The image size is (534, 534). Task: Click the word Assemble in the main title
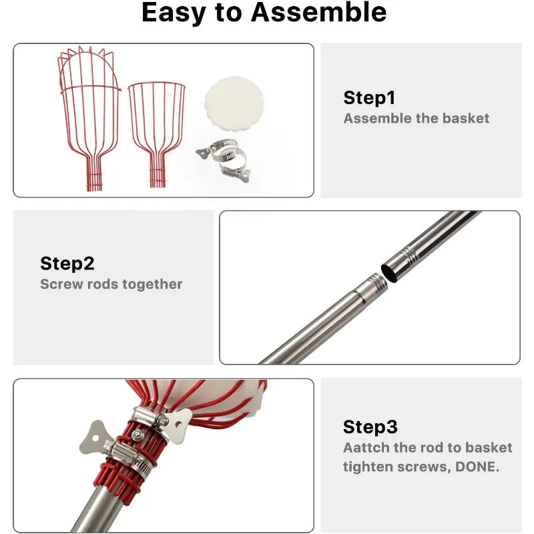(318, 12)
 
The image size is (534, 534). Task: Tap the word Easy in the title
(174, 13)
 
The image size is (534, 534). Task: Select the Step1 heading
(370, 97)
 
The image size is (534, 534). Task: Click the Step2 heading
(67, 263)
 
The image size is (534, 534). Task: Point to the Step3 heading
(370, 427)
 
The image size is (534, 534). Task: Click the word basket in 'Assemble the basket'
(466, 118)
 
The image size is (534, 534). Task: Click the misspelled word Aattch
(366, 447)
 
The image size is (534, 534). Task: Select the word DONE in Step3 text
(477, 467)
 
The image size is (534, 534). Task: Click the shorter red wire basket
(157, 134)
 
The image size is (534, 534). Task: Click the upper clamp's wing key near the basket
(179, 426)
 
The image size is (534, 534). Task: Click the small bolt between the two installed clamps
(138, 435)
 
